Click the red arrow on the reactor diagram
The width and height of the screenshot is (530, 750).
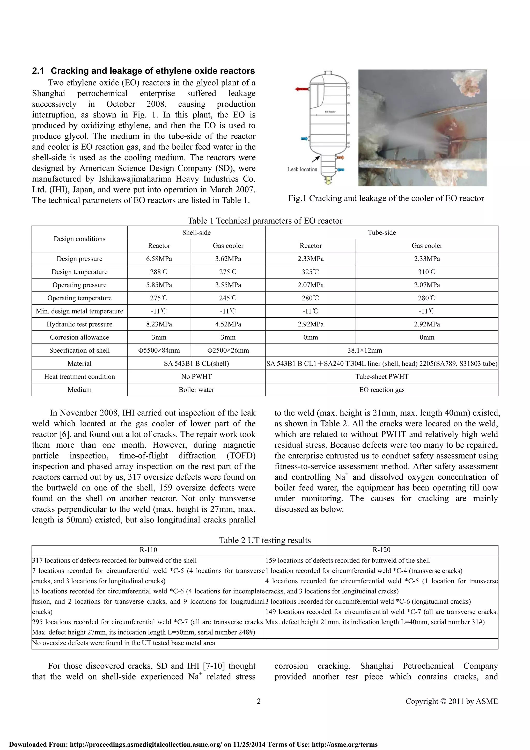click(302, 89)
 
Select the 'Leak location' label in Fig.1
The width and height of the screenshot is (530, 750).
click(302, 169)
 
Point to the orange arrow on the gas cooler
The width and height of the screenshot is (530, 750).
click(341, 158)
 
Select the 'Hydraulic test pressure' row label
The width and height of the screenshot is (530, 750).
click(79, 324)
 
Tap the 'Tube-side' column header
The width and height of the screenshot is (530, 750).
click(381, 232)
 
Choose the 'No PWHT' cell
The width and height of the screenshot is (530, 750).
click(196, 376)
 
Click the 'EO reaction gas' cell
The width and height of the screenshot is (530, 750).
click(381, 389)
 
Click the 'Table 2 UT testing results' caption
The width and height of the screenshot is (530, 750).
click(265, 540)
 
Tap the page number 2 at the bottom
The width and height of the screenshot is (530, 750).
click(259, 701)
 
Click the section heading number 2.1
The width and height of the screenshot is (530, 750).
click(38, 71)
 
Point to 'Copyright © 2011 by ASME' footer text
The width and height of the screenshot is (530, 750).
click(452, 701)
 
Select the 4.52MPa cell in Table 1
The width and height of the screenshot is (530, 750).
click(228, 324)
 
